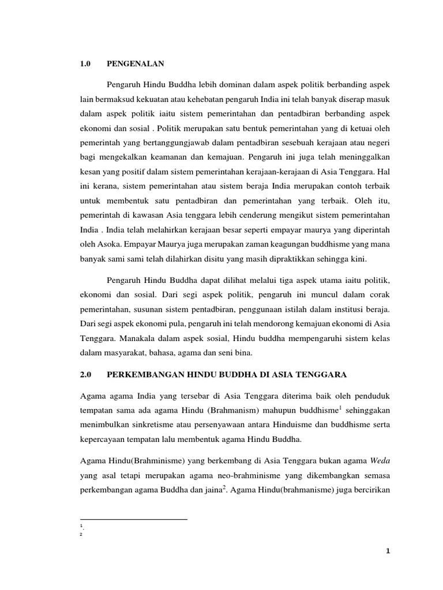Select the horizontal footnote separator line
[x=134, y=519]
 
